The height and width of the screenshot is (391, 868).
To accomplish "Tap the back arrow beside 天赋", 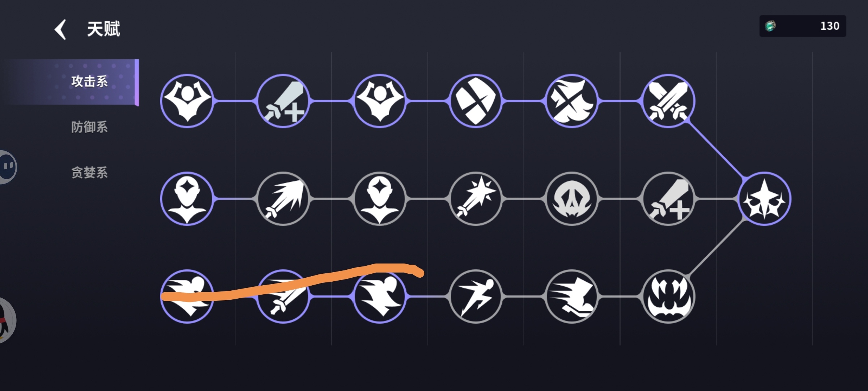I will click(60, 29).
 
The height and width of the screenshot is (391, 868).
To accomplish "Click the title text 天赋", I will click(103, 29).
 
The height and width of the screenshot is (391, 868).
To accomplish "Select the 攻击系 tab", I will click(89, 81).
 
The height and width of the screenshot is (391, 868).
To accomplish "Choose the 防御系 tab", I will click(89, 127).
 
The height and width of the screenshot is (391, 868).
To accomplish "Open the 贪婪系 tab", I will click(89, 173).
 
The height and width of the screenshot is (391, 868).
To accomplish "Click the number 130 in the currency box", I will click(830, 26).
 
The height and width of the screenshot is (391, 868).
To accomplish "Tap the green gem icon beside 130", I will click(770, 26).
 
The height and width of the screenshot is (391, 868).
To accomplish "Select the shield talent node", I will click(476, 101).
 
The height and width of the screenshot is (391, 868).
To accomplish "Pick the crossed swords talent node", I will click(668, 101).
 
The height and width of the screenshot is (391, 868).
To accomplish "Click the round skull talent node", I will click(572, 199).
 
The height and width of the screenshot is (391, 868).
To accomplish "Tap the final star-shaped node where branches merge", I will click(764, 199).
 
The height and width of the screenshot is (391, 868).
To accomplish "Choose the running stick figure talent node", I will click(476, 297).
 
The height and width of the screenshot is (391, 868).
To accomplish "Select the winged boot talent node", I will click(572, 297).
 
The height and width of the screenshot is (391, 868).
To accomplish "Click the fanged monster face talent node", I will click(668, 297).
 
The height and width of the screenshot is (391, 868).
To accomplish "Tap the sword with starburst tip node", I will click(476, 199).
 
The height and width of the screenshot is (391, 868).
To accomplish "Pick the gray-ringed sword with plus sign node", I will click(668, 199).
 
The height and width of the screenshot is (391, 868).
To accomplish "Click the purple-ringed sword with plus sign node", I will click(283, 101).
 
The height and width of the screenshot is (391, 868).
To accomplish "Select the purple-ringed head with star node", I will click(187, 199).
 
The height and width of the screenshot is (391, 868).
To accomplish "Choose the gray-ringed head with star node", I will click(379, 199).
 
